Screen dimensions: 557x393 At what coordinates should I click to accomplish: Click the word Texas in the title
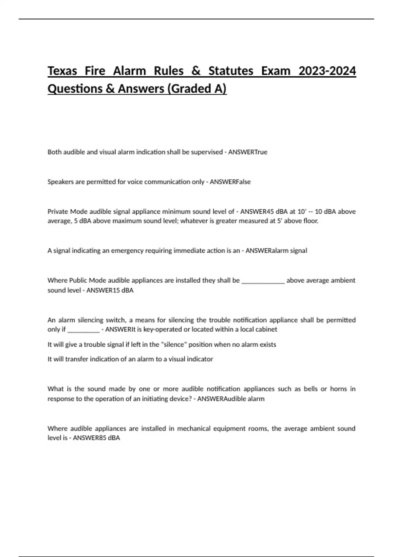coord(62,71)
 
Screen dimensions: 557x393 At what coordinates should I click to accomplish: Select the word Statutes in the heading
coord(231,71)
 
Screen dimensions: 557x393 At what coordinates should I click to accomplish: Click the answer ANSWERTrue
coord(248,152)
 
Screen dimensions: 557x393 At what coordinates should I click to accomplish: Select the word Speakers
coord(61,182)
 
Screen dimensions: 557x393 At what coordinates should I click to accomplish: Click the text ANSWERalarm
coord(266,251)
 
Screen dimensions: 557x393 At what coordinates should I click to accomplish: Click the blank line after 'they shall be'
coord(263,281)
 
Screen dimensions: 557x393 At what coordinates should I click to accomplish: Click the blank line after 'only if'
coord(83,330)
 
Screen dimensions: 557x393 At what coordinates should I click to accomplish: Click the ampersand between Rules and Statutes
coord(196,71)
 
